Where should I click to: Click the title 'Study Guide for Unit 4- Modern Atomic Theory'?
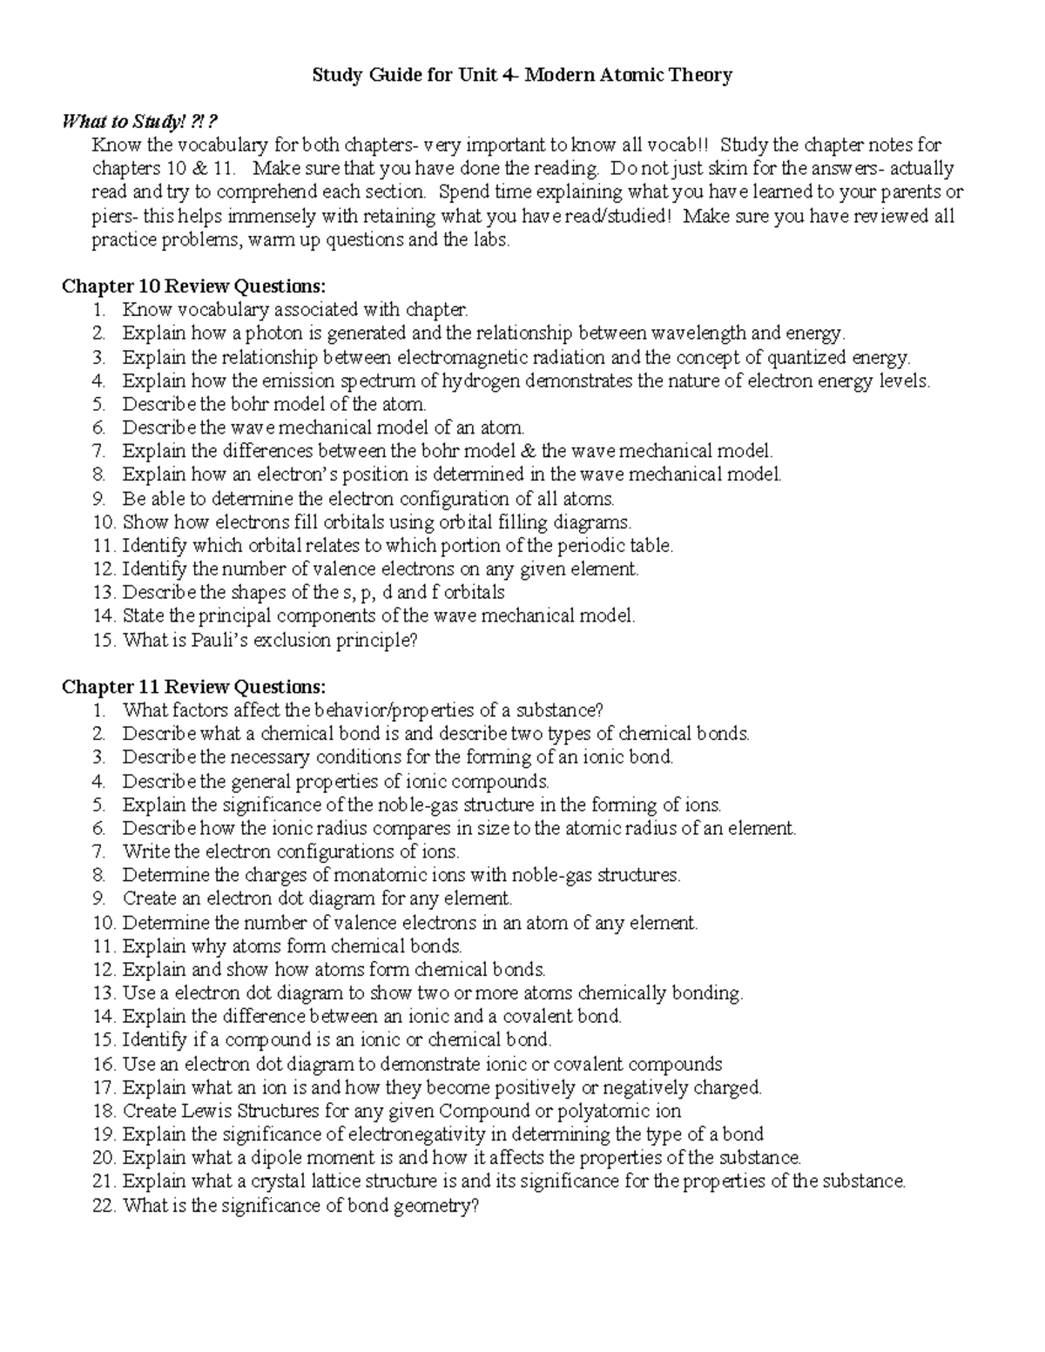click(522, 76)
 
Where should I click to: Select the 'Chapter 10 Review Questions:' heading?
click(196, 286)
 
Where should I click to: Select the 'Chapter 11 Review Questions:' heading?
click(196, 687)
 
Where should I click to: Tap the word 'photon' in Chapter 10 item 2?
click(273, 333)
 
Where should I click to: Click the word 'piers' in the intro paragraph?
click(113, 216)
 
